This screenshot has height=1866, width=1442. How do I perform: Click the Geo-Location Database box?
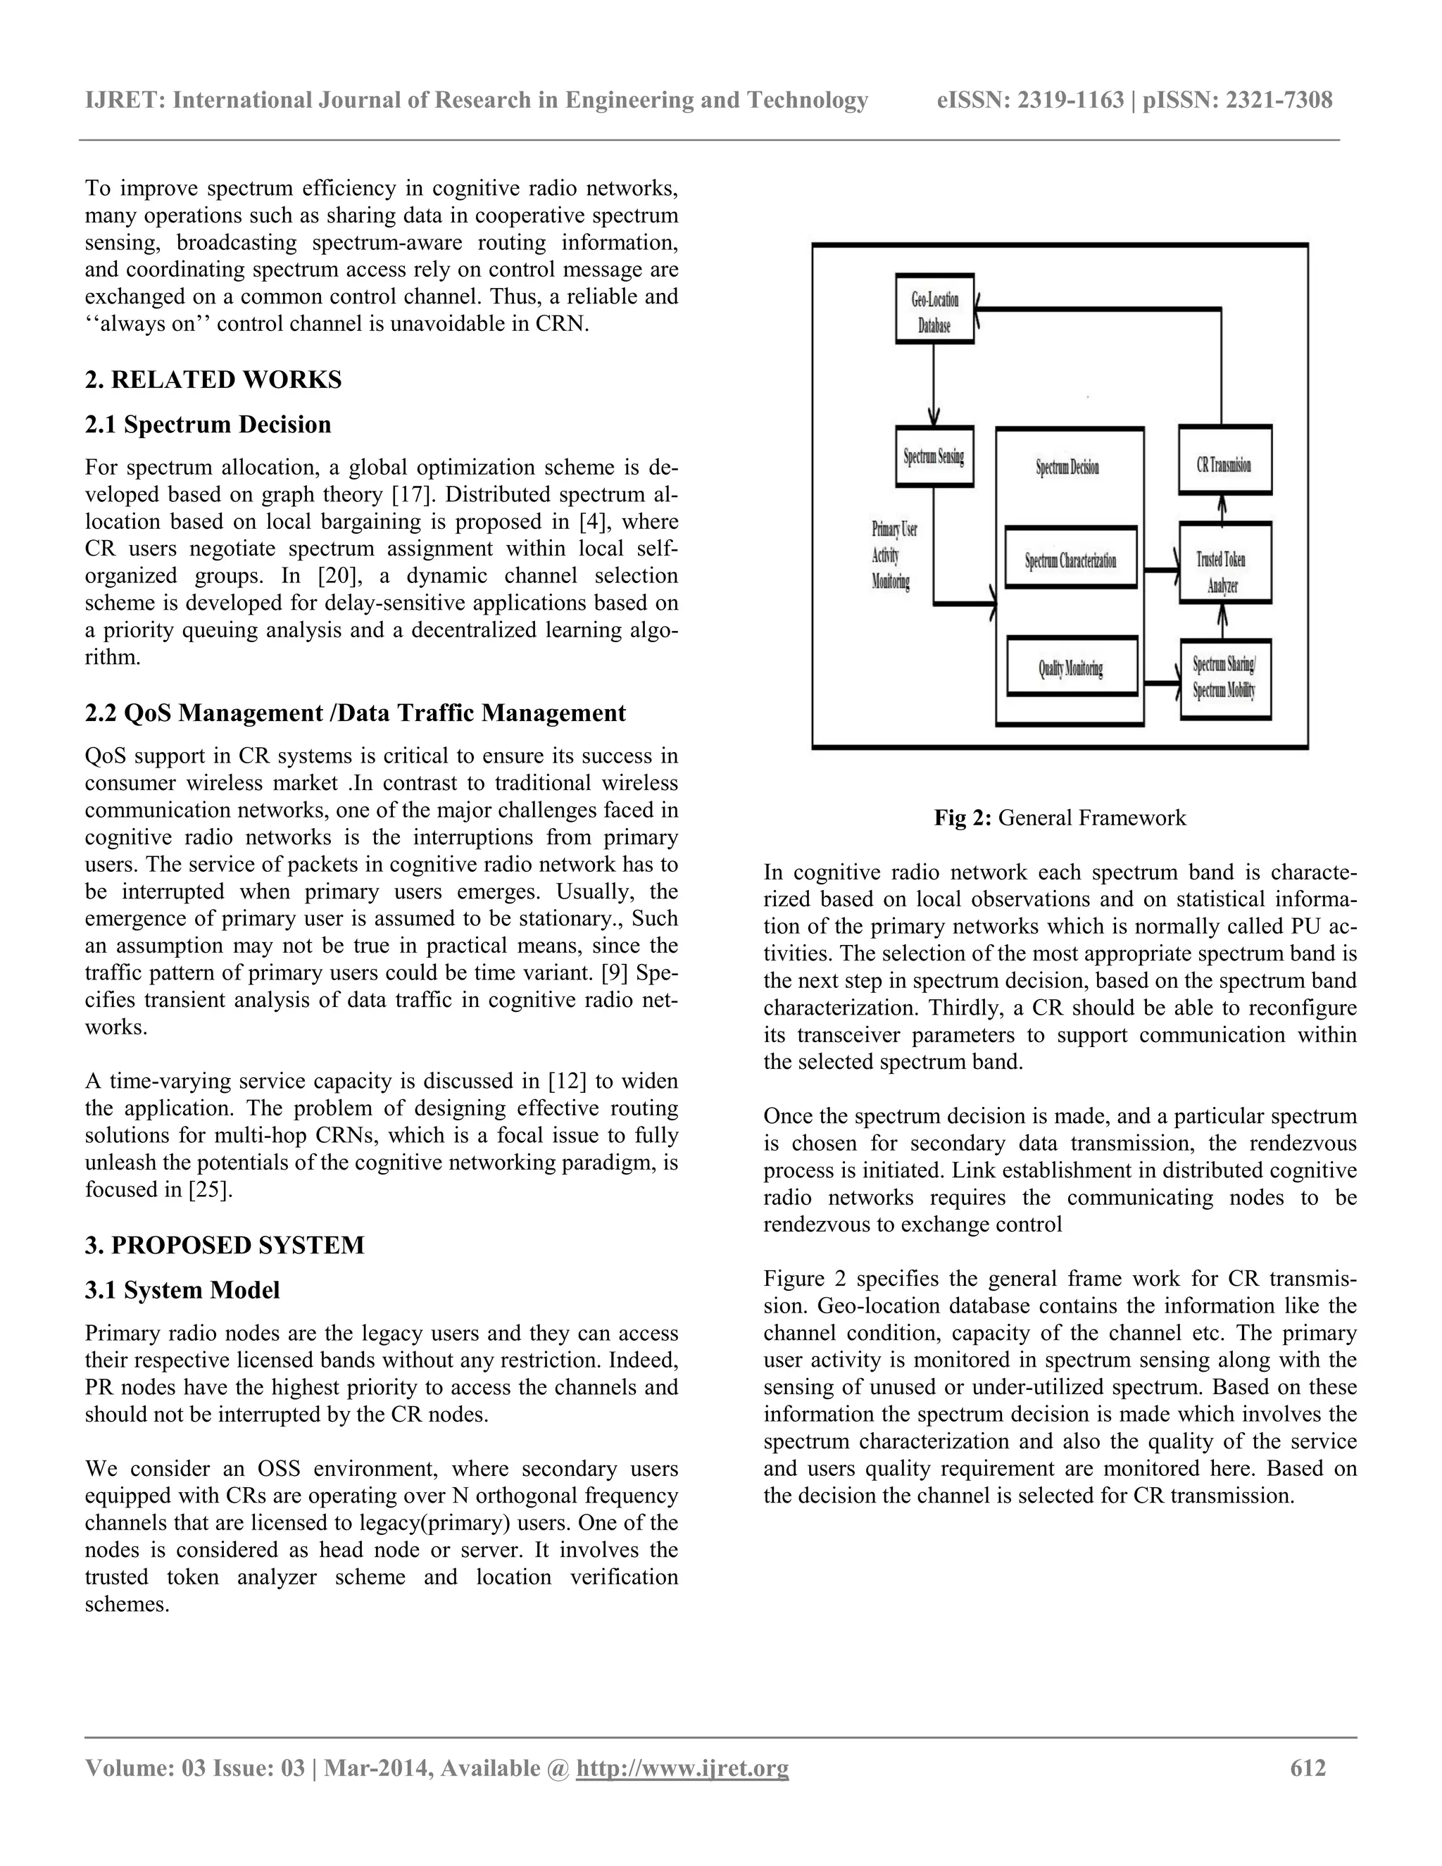click(x=934, y=309)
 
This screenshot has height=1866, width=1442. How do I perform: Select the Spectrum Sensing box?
click(x=934, y=456)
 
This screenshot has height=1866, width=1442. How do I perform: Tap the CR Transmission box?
click(x=1224, y=461)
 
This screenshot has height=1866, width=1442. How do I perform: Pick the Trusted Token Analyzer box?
click(x=1224, y=564)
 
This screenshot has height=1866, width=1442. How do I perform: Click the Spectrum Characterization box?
click(x=1070, y=558)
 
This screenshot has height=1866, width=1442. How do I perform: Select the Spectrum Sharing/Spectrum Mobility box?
click(x=1224, y=680)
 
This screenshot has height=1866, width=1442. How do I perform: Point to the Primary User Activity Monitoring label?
click(x=893, y=556)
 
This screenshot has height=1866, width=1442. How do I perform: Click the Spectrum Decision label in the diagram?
click(x=1068, y=468)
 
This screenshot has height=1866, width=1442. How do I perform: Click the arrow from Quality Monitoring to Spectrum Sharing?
click(x=1162, y=682)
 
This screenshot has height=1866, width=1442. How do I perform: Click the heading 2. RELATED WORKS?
click(x=213, y=380)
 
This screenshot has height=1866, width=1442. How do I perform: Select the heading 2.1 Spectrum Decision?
click(x=208, y=425)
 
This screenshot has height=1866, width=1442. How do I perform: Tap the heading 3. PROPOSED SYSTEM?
click(x=224, y=1245)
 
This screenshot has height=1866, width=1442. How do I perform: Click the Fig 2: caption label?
click(x=962, y=818)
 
